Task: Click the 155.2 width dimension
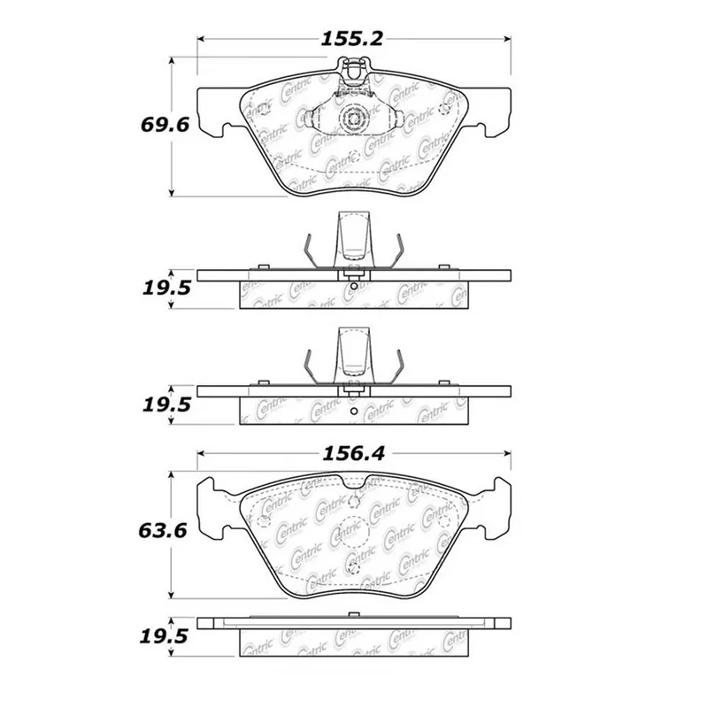[351, 39]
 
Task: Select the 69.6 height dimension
[165, 125]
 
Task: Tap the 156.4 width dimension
[353, 454]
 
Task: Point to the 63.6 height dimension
[163, 530]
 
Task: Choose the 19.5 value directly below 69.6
[166, 288]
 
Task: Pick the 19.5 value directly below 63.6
[164, 636]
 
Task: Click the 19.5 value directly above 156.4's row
[166, 404]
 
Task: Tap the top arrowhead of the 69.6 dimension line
[171, 61]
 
